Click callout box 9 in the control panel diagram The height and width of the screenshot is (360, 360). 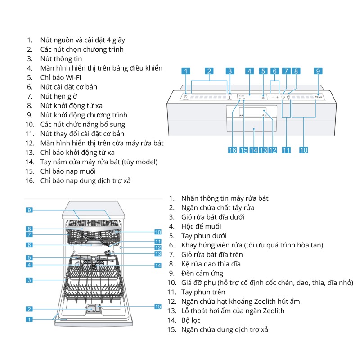318,71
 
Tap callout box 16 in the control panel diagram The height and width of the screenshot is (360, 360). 232,150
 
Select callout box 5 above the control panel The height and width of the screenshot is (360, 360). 263,71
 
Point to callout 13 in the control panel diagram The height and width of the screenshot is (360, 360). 263,150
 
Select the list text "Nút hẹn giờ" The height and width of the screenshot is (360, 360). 58,96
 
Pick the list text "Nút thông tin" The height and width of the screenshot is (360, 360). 61,58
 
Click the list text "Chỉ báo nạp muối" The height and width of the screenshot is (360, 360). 67,171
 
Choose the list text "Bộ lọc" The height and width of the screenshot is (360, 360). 191,320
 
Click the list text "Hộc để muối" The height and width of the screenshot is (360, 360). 201,226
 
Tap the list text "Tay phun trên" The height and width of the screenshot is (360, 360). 203,292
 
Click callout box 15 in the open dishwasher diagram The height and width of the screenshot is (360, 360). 157,306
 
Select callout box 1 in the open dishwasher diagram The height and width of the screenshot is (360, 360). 28,319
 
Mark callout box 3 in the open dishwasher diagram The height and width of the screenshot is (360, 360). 28,280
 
